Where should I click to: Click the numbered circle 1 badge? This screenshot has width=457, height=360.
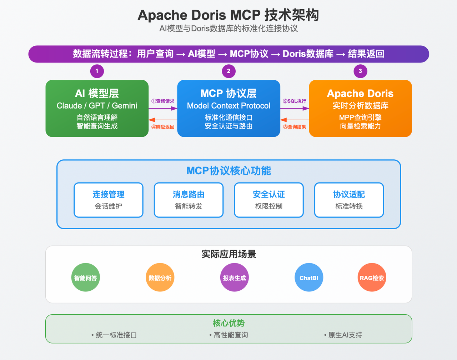coord(97,71)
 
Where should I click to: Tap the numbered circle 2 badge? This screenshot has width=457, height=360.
coord(228,71)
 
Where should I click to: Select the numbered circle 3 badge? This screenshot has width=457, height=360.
coord(360,71)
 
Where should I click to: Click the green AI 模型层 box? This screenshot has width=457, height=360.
coord(97,108)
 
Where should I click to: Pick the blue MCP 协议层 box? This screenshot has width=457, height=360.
coord(228,108)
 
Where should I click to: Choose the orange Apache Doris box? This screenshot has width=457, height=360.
coord(360,108)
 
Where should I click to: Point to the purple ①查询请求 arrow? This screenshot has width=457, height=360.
coord(163,108)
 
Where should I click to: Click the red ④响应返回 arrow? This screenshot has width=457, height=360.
coord(163,120)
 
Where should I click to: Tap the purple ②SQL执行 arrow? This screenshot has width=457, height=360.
coord(295,108)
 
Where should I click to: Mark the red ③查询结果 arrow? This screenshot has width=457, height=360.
coord(295,120)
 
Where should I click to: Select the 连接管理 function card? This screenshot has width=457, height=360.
coord(109,200)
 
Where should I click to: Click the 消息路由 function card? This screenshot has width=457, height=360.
coord(189,200)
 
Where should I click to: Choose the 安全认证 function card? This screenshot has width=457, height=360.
coord(269,200)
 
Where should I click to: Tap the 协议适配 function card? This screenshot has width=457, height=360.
coord(349,200)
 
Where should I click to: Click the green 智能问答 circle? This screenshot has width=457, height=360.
coord(86,277)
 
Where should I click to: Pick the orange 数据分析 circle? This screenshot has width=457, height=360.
coord(160,277)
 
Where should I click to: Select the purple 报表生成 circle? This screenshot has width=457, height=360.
coord(234,277)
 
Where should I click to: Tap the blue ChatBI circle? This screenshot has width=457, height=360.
coord(309,277)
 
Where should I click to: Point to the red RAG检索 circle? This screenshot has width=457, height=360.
coord(372,277)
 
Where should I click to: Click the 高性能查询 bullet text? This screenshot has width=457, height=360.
coord(231,335)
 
